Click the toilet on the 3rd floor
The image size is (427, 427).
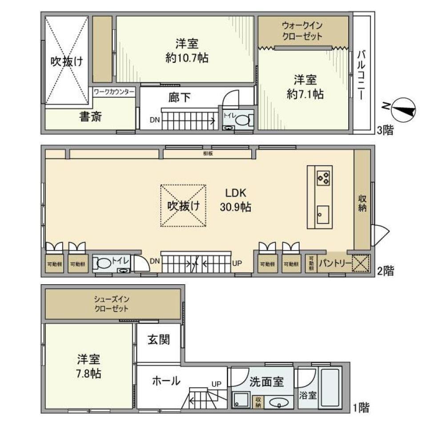tap(243, 120)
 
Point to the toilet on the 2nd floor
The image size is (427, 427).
tap(104, 263)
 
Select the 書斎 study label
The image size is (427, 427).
tap(91, 117)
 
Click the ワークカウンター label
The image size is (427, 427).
tap(114, 91)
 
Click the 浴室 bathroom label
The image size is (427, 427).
tap(307, 395)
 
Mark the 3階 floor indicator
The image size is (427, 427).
tap(385, 131)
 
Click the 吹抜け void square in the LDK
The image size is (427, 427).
tap(183, 205)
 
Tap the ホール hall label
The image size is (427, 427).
tap(166, 381)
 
